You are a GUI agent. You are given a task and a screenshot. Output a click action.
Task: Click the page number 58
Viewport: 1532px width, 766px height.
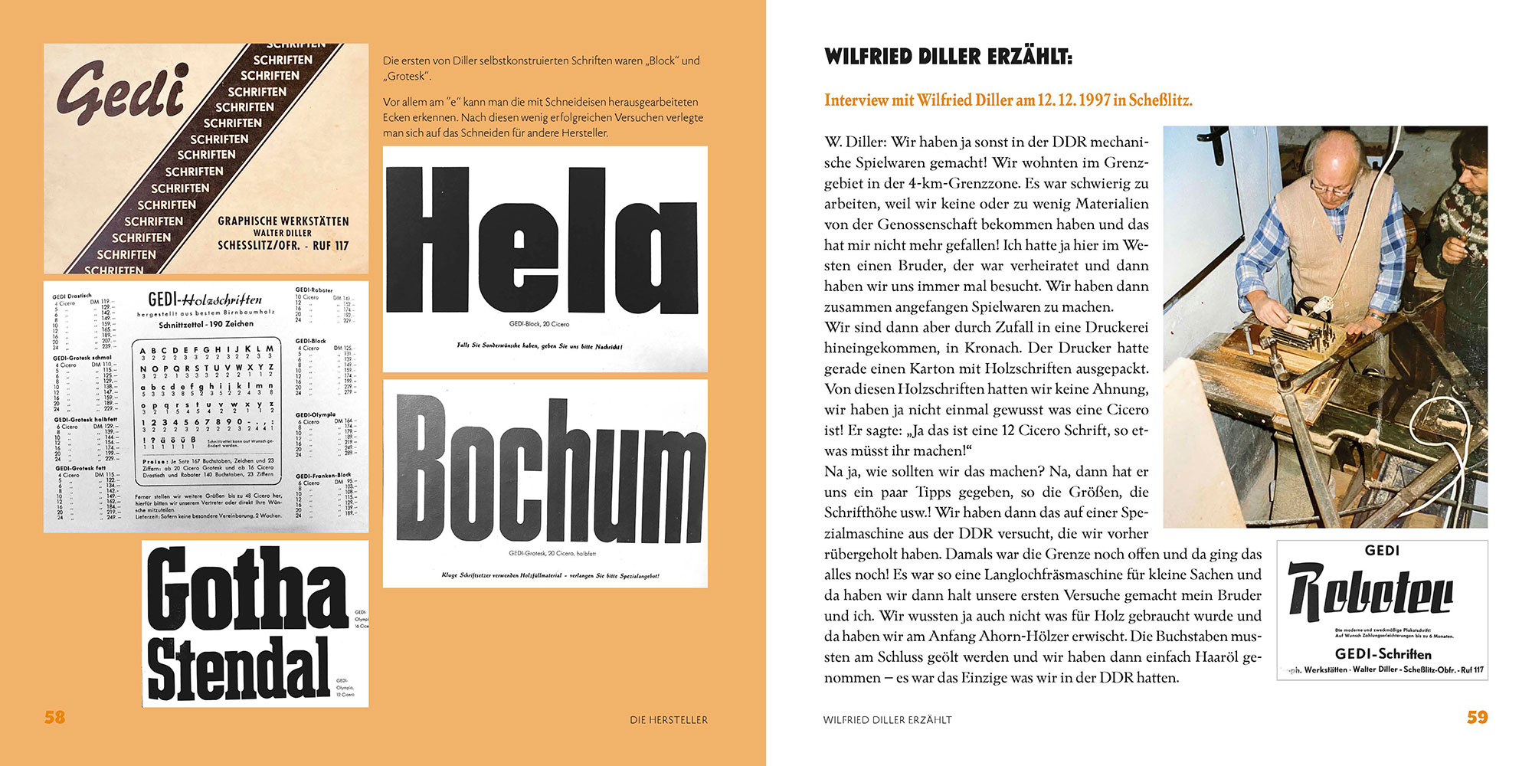tap(54, 718)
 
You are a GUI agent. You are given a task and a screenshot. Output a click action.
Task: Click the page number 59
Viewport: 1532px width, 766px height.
tap(1477, 718)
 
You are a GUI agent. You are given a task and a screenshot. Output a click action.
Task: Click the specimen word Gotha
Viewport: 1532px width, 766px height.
tap(247, 590)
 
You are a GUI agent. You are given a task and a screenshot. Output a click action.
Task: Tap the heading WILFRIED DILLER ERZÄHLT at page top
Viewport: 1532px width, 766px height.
tap(948, 57)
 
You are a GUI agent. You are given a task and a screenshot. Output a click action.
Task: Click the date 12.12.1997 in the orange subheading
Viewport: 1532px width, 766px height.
tap(1074, 100)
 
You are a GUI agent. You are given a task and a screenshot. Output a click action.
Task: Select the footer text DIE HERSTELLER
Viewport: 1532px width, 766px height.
tap(669, 720)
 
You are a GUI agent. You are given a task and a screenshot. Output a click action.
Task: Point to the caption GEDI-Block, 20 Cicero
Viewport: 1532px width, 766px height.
tap(539, 324)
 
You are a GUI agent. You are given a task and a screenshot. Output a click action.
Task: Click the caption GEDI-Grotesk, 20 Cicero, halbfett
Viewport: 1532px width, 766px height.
tap(552, 553)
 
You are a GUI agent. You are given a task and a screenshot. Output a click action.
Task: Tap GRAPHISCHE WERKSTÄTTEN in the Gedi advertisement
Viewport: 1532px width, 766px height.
tap(283, 221)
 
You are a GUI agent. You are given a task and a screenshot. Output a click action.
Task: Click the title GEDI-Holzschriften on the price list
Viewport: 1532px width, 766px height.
tap(205, 300)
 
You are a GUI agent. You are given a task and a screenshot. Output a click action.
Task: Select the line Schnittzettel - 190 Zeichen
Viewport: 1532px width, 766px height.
tap(206, 324)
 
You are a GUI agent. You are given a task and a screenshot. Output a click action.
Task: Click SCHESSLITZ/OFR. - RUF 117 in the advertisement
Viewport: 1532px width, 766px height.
tap(283, 246)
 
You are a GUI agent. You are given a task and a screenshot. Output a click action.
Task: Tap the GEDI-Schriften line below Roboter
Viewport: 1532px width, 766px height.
tap(1383, 654)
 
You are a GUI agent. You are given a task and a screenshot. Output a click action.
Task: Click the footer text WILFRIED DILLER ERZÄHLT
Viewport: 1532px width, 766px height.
tap(887, 720)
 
